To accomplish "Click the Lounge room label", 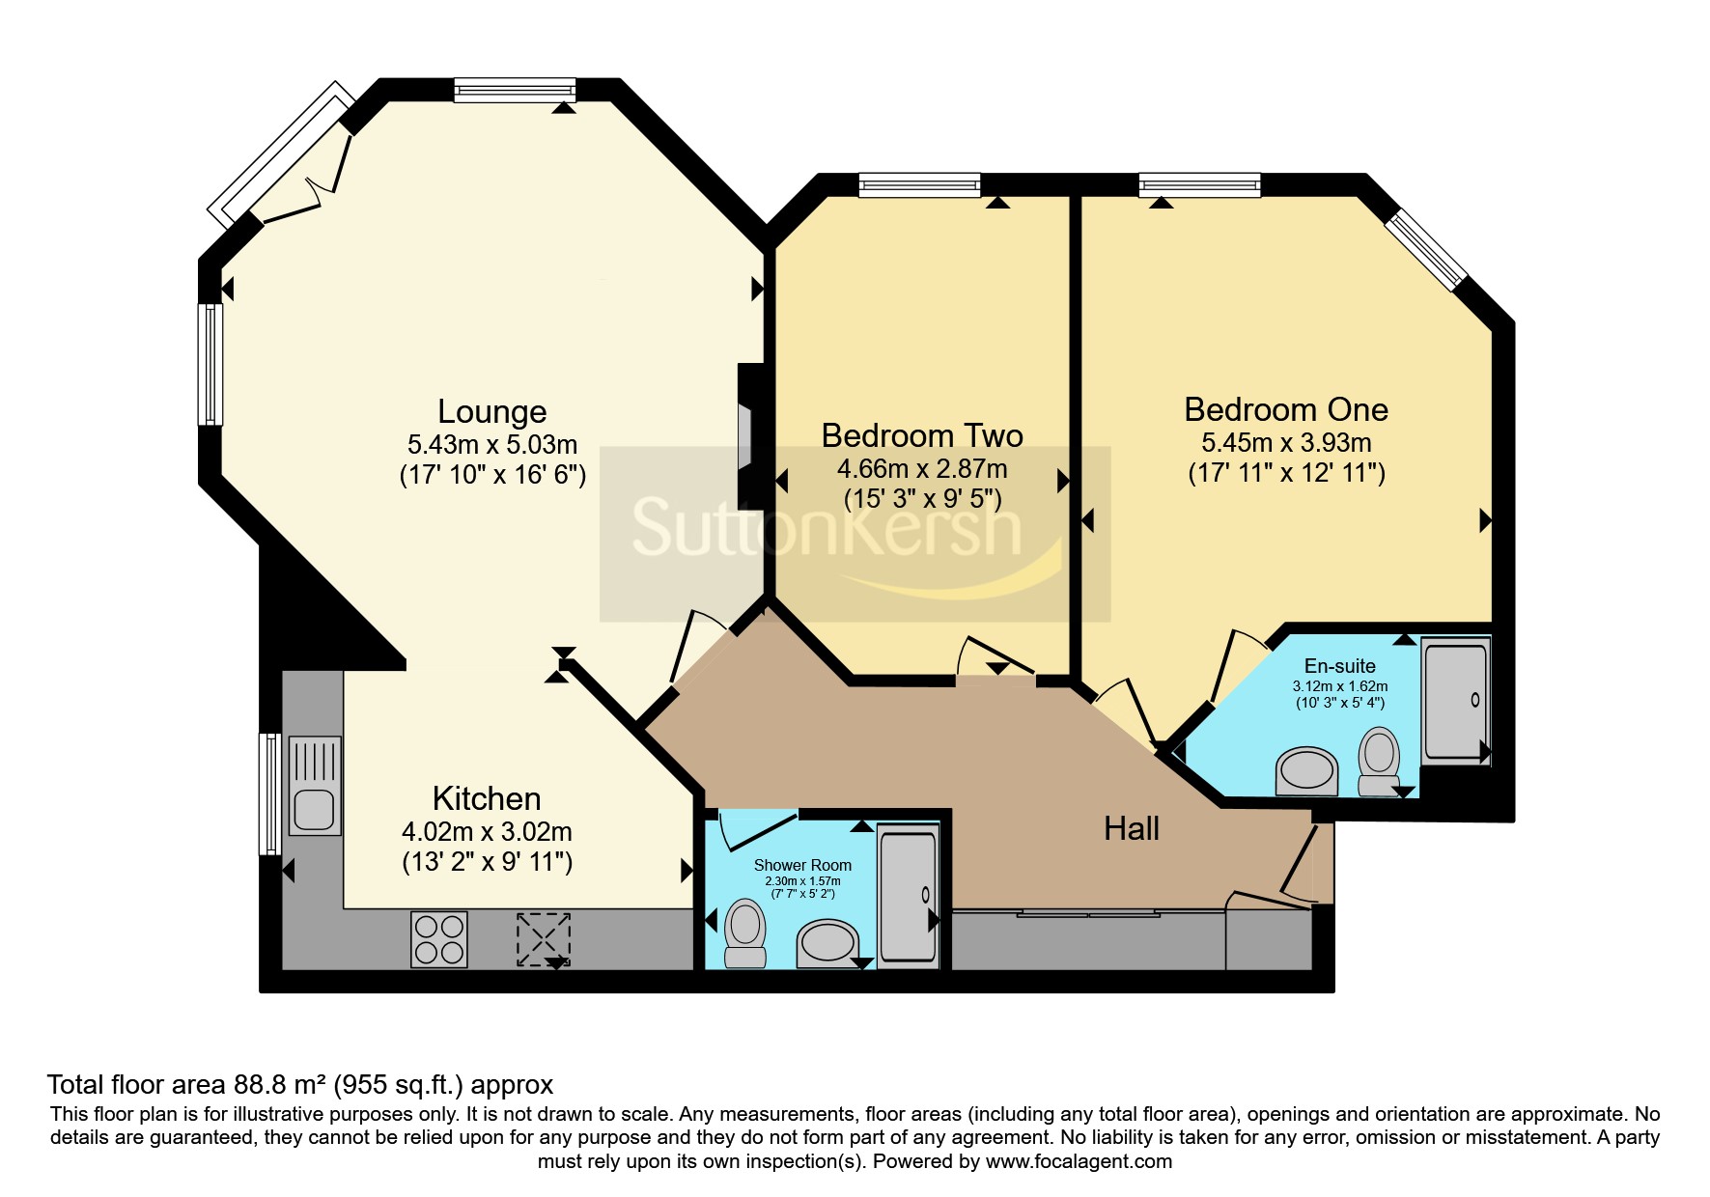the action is [x=492, y=412].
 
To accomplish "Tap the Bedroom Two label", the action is [x=922, y=436].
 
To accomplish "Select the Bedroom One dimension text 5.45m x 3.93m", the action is [x=1286, y=443].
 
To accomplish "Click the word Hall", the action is [x=1132, y=828].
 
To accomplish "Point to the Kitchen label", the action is [x=487, y=798].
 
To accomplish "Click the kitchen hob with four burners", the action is [x=439, y=939].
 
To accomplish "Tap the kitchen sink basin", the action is [x=313, y=809].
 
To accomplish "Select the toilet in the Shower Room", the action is [x=744, y=933].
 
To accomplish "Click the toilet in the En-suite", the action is [x=1379, y=762].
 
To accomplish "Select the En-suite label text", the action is [x=1339, y=666].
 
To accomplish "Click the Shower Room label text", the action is [x=802, y=865].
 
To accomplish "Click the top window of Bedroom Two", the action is [x=920, y=184].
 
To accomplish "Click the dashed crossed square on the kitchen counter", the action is [x=544, y=939].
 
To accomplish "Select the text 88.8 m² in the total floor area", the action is [x=282, y=1085].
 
